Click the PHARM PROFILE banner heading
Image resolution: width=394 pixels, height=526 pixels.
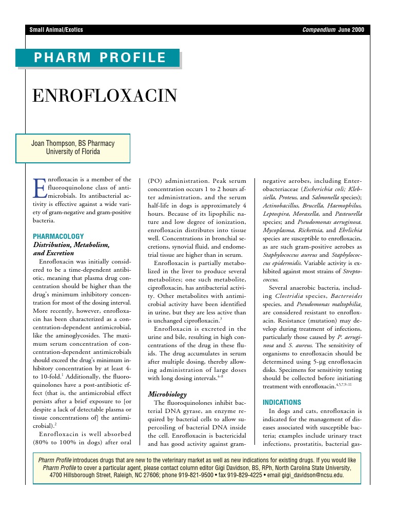(100, 58)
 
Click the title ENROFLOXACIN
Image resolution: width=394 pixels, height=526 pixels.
(105, 96)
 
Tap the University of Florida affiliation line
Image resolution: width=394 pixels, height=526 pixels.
(73, 152)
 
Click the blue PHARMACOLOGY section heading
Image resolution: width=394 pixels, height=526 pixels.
(58, 236)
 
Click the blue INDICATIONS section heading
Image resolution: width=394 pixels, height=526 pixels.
(282, 402)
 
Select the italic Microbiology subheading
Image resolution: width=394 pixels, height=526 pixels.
(167, 394)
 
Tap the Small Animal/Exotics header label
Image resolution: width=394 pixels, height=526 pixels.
(56, 30)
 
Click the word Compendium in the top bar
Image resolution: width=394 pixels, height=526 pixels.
(319, 30)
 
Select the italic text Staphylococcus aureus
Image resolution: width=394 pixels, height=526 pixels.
(289, 255)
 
